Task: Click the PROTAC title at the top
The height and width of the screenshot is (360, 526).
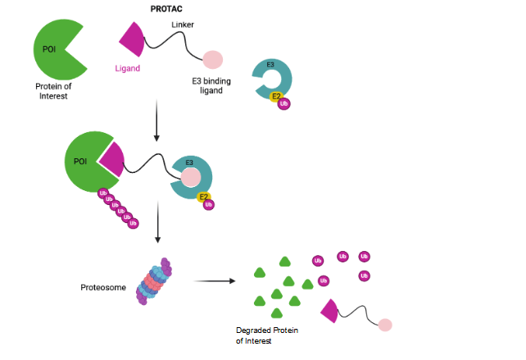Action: point(166,9)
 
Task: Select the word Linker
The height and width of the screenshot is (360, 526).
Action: point(183,25)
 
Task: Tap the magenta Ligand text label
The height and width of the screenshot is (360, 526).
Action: point(127,68)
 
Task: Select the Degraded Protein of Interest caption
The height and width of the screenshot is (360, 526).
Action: point(266,335)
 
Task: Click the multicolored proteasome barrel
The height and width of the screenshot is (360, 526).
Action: point(154,281)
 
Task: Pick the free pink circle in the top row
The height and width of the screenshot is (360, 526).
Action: point(212,59)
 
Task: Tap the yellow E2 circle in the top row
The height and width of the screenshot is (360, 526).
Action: point(276,96)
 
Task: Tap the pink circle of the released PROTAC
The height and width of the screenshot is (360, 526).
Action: point(383,325)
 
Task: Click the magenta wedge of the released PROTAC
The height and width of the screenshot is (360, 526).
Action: point(330,311)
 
